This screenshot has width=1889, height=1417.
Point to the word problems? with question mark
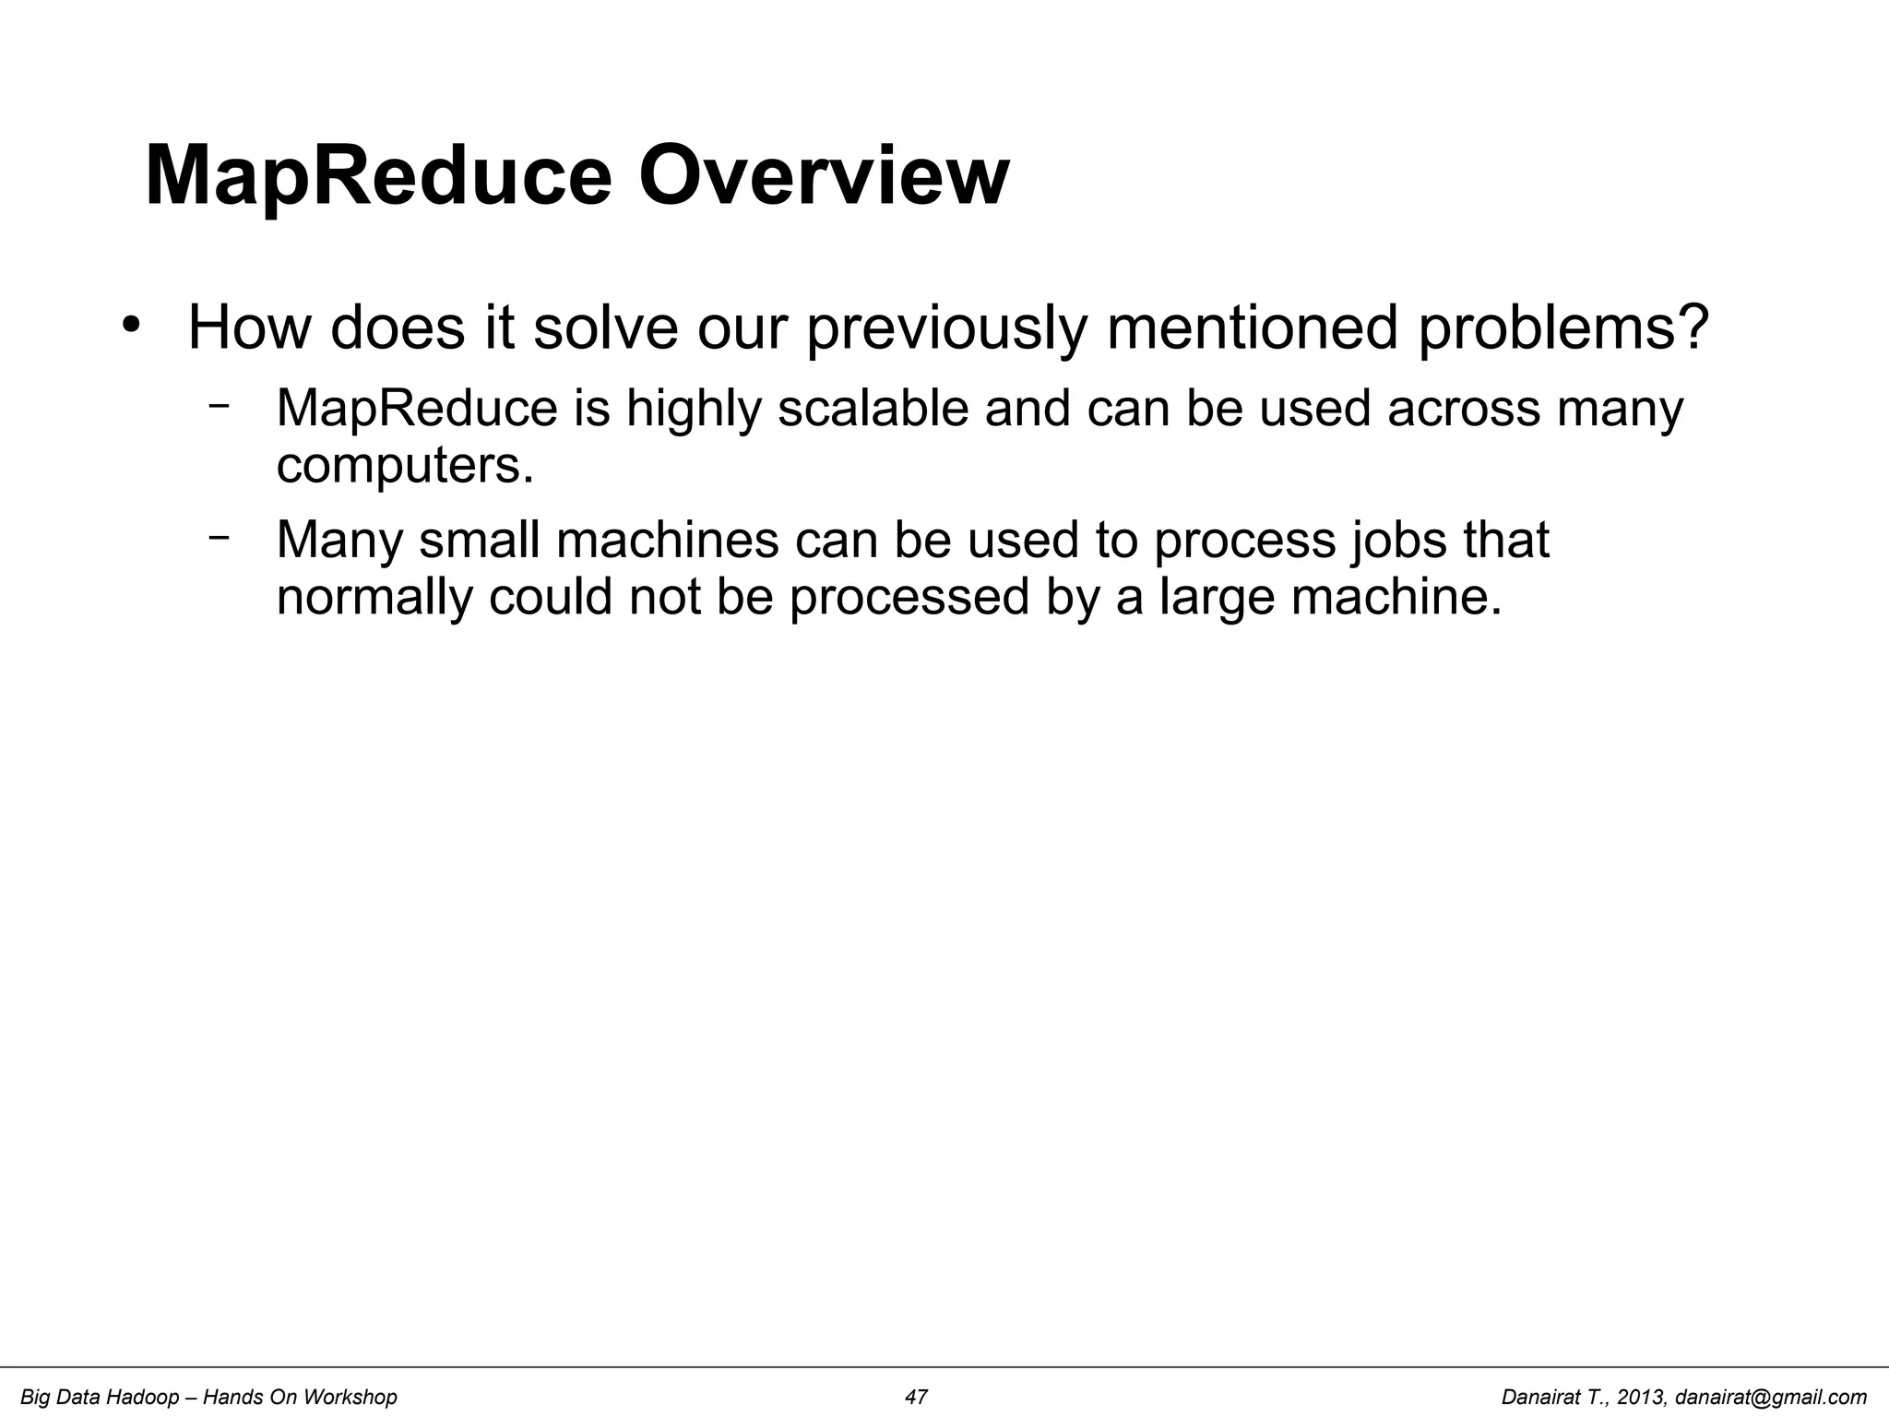(x=1562, y=327)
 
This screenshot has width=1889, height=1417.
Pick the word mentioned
(x=1253, y=327)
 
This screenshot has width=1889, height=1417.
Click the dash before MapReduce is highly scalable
(x=219, y=405)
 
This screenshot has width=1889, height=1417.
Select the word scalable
(x=873, y=408)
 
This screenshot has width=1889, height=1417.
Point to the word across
(x=1463, y=408)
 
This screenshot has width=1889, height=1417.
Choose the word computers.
(x=405, y=465)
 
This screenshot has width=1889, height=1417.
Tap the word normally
(x=374, y=597)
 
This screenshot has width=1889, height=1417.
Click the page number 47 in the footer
(x=916, y=1398)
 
